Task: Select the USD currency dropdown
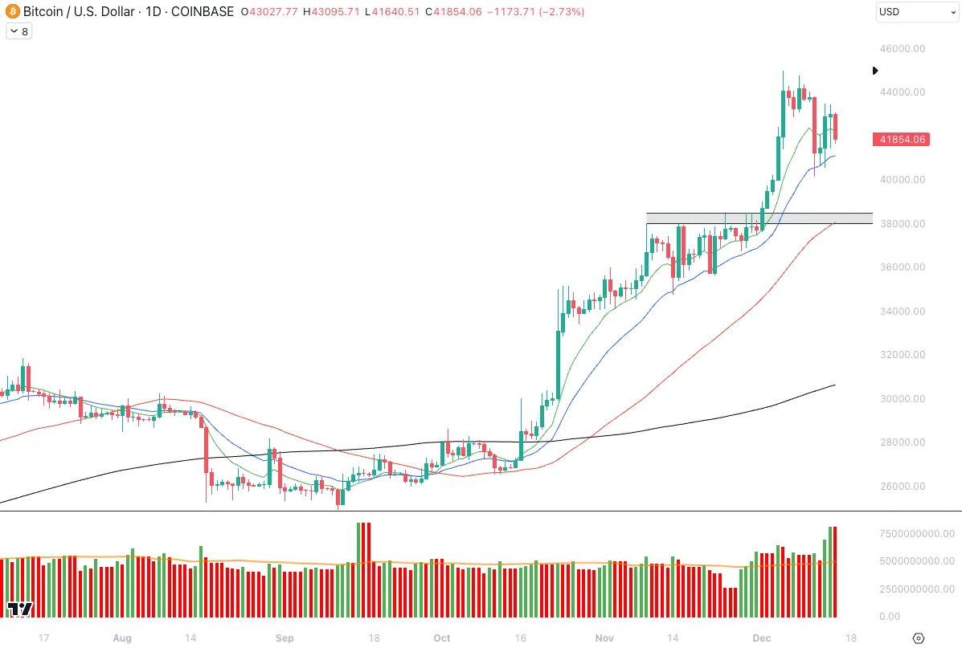coord(915,12)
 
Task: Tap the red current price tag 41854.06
coord(903,140)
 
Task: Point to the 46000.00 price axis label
coord(903,48)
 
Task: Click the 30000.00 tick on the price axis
coord(903,399)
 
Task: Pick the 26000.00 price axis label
coord(903,487)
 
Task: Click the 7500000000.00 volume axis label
coord(915,533)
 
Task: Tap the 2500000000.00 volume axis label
coord(915,589)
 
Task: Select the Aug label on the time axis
coord(121,638)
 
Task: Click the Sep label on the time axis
coord(285,638)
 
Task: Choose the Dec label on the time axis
coord(762,638)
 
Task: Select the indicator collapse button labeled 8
coord(18,31)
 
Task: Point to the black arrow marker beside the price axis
coord(875,71)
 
